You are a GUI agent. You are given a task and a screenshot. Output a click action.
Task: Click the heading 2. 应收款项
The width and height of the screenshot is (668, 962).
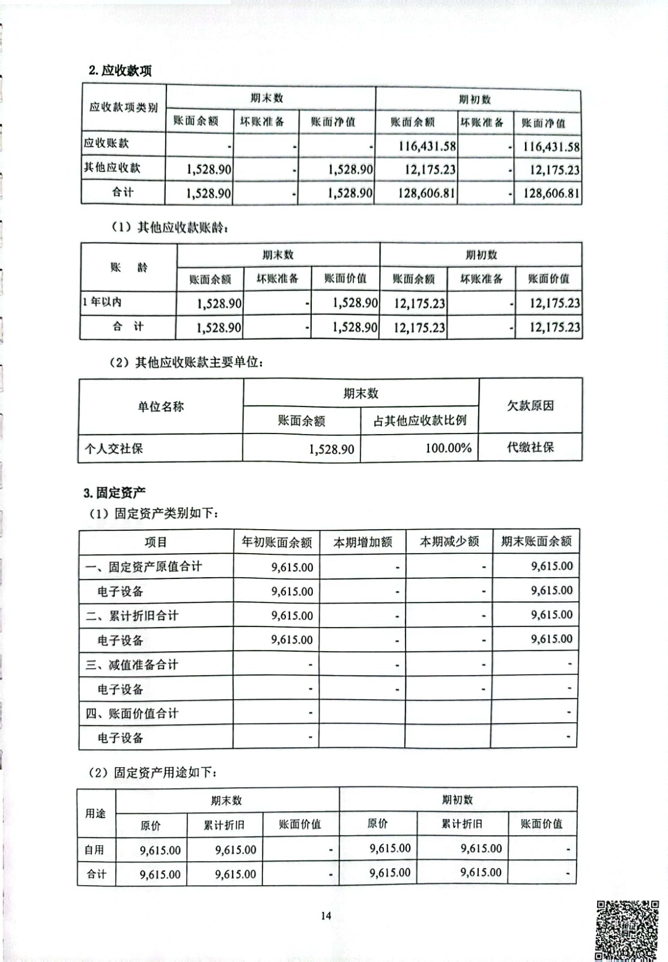pyautogui.click(x=120, y=70)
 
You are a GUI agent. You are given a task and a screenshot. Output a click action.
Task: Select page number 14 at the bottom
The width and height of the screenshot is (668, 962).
pyautogui.click(x=326, y=916)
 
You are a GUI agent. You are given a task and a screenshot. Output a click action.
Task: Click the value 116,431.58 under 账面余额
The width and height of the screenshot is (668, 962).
pyautogui.click(x=427, y=146)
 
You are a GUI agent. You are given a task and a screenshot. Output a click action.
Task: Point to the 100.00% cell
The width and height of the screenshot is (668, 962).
pyautogui.click(x=448, y=448)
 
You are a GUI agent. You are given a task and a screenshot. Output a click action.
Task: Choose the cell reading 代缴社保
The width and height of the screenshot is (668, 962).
pyautogui.click(x=530, y=447)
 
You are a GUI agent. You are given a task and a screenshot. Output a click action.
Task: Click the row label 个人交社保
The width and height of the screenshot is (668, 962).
pyautogui.click(x=114, y=449)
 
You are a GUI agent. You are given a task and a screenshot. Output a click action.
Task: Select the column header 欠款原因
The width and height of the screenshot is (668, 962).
pyautogui.click(x=530, y=406)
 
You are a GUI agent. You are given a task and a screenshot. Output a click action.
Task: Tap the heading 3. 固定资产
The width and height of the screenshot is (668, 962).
pyautogui.click(x=115, y=493)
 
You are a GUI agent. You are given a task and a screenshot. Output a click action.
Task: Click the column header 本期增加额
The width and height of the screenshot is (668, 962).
pyautogui.click(x=363, y=542)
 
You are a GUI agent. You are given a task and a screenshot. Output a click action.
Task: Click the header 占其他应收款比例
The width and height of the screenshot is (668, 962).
pyautogui.click(x=419, y=420)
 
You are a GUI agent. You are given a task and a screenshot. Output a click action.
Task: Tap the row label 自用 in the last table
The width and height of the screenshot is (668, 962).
pyautogui.click(x=94, y=850)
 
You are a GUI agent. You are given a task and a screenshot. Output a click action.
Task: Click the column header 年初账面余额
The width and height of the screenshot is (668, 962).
pyautogui.click(x=276, y=542)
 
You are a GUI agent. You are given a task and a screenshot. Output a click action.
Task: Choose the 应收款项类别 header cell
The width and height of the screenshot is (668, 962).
pyautogui.click(x=124, y=108)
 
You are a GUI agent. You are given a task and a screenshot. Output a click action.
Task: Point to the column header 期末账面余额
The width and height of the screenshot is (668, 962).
pyautogui.click(x=536, y=541)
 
